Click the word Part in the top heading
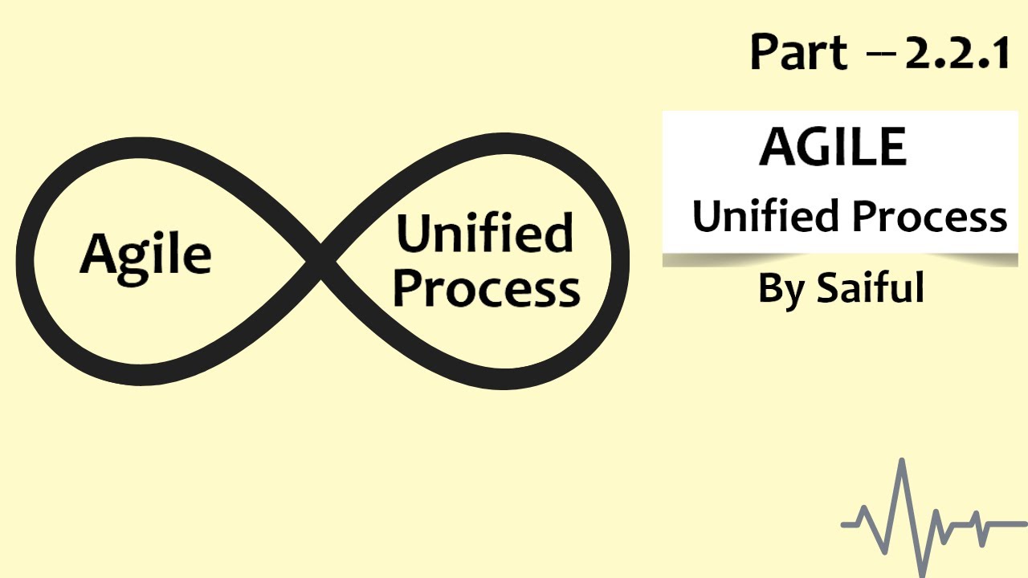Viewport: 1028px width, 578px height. tap(798, 51)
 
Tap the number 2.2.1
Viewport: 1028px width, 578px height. tap(957, 53)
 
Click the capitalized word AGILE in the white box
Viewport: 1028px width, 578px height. tap(833, 146)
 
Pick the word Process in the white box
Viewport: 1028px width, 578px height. tap(930, 216)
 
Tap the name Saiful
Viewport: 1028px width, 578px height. tap(870, 287)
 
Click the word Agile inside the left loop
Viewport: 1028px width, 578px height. tap(145, 258)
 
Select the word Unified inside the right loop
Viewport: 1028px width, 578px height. tap(485, 232)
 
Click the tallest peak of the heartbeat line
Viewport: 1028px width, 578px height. tap(902, 461)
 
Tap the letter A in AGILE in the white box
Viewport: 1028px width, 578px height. tap(777, 146)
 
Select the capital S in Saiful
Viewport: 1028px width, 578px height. tap(828, 287)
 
